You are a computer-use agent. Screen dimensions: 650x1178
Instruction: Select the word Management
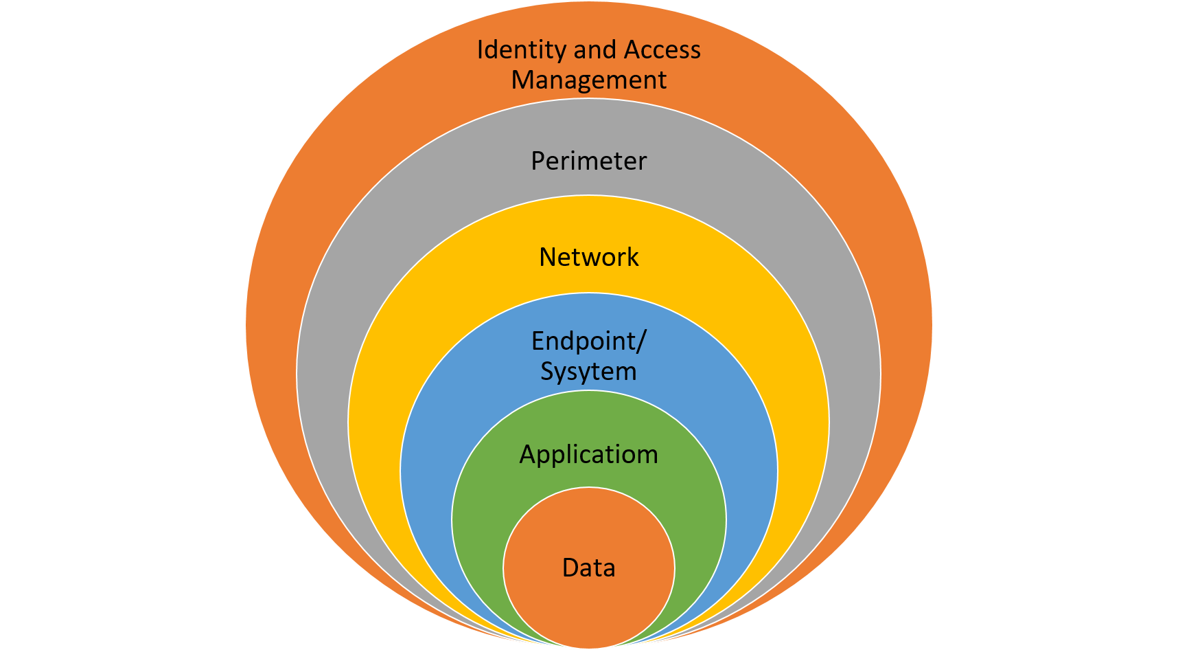[588, 80]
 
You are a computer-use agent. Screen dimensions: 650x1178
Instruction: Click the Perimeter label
[589, 161]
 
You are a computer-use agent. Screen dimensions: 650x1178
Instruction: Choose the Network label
[589, 258]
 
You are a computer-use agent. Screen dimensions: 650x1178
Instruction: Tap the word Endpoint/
[589, 341]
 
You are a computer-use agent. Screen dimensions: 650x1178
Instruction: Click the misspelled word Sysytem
[588, 372]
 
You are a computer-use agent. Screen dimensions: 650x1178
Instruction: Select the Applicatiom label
[588, 455]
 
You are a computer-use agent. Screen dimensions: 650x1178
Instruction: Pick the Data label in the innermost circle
[588, 568]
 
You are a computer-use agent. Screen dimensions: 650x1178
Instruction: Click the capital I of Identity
[480, 50]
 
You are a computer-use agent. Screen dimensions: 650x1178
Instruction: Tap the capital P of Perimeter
[539, 161]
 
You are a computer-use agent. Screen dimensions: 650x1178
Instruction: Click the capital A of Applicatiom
[528, 455]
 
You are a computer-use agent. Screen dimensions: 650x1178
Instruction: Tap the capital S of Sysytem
[548, 371]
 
